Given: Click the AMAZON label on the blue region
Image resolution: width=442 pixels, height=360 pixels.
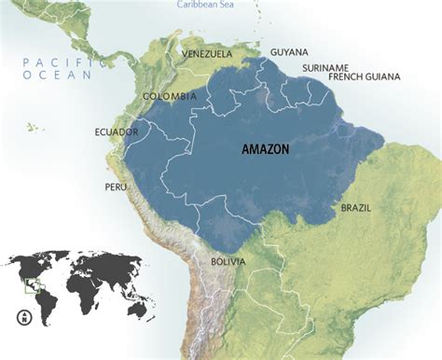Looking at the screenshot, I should coord(266,149).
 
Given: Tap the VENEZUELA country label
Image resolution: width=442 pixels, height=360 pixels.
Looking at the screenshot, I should coord(207,54).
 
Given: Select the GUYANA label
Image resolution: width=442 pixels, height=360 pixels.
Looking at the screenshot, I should coord(288,52).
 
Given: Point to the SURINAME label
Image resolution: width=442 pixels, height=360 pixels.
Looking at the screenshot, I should coord(325,68).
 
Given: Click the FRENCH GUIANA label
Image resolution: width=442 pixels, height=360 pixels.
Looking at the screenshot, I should coord(365,76).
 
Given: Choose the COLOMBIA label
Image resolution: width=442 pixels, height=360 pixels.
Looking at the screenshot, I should coord(169,96).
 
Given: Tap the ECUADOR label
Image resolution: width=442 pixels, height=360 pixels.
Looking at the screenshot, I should coord(117,132).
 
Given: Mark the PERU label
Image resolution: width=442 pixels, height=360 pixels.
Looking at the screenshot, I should coord(116,187).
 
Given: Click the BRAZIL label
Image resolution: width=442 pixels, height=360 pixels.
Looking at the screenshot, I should coord(355,207).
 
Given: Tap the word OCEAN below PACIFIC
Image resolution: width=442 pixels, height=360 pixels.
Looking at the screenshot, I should coord(55,76).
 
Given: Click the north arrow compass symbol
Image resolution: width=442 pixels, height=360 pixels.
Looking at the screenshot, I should coord(20,317).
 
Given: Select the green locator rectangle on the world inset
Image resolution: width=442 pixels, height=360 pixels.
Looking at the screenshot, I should coord(34,285).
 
